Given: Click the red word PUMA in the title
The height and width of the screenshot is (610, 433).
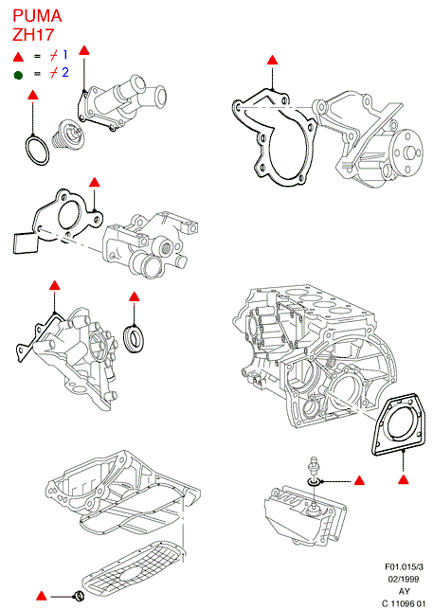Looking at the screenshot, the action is [x=37, y=16].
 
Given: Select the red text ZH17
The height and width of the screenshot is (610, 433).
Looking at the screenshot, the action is [x=33, y=35].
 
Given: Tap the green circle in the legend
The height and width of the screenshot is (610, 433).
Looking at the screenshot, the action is [x=18, y=75].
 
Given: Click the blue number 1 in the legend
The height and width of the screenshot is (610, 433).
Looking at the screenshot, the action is [x=65, y=55].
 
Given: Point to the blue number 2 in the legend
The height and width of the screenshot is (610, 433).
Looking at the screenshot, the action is [x=65, y=72].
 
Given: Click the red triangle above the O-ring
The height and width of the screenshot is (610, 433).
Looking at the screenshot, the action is [x=33, y=95].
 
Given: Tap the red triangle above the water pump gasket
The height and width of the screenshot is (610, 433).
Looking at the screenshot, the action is [x=272, y=60].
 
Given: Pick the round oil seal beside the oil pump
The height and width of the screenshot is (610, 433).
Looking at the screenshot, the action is [x=135, y=337].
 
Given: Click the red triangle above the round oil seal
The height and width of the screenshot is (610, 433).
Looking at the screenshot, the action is [x=135, y=296].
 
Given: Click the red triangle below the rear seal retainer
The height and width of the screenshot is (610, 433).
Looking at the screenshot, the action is [x=404, y=479].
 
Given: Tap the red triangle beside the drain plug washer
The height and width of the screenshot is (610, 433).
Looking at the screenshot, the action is [x=359, y=481].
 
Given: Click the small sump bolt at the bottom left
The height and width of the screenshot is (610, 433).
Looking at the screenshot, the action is [x=79, y=595].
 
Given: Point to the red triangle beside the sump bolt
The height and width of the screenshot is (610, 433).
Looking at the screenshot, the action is [x=42, y=596].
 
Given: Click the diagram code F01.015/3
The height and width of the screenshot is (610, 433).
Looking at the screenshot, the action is [x=405, y=567].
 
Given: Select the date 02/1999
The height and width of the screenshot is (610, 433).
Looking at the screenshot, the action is [x=404, y=580].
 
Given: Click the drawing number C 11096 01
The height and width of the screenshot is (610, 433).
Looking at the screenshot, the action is [x=404, y=603].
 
